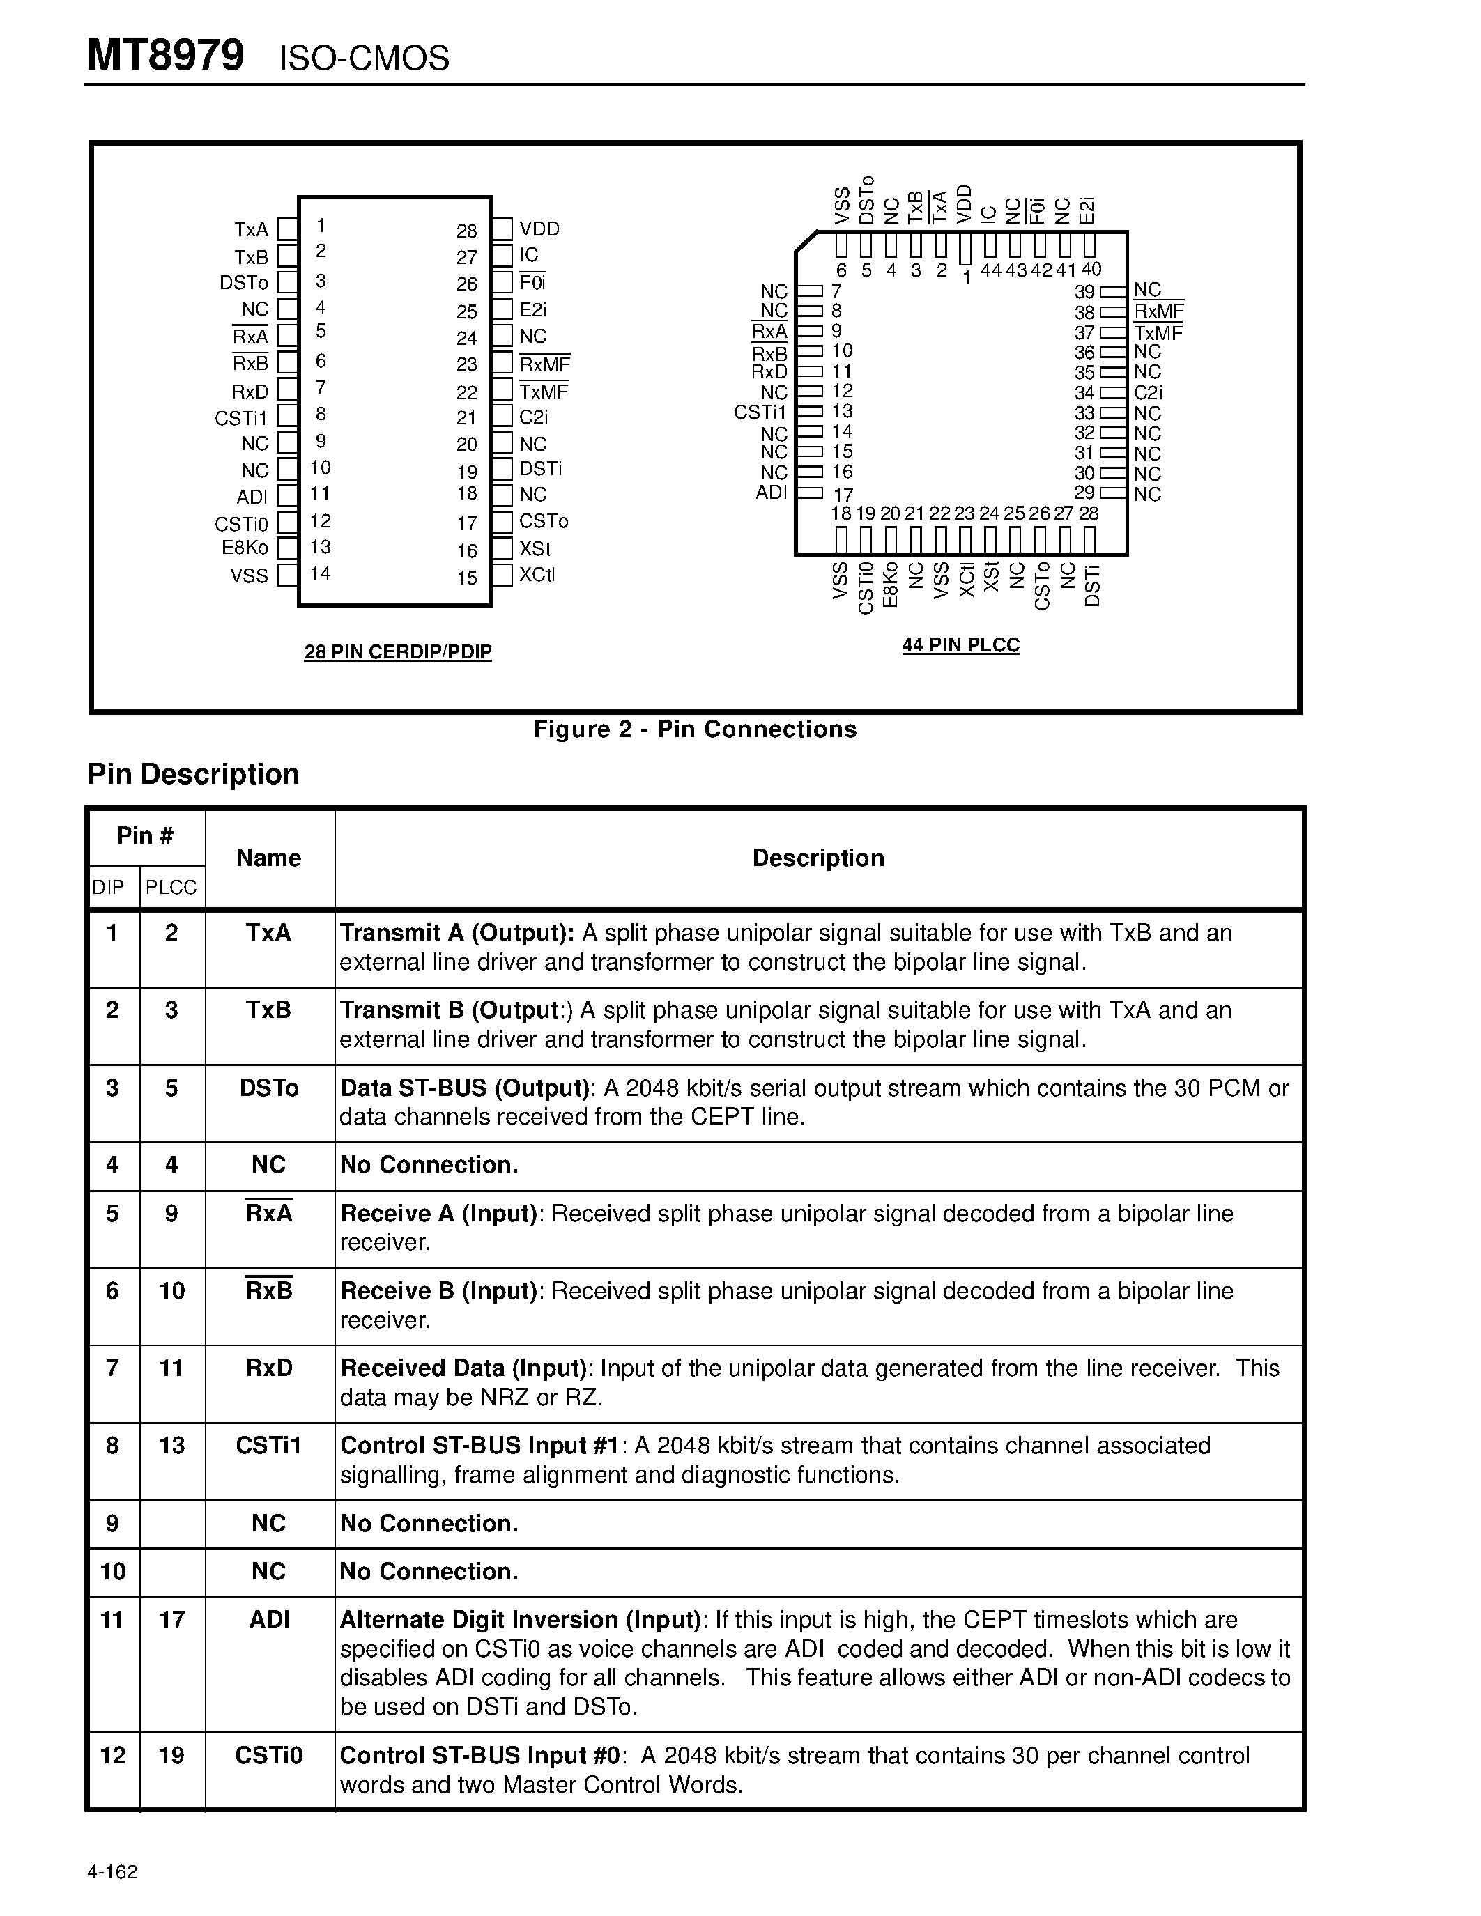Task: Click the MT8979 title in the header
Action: coord(165,56)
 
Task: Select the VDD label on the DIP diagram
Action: coord(539,229)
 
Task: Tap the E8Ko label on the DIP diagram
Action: coord(245,548)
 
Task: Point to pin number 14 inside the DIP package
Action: coord(320,573)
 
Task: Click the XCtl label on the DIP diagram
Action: coord(537,575)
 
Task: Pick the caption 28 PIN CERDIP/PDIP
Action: coord(397,652)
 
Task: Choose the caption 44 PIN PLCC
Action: coord(960,644)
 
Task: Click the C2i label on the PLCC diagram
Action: coord(1148,393)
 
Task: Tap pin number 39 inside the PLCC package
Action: coord(1084,292)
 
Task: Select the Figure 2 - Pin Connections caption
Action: coord(695,729)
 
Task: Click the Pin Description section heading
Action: coord(193,774)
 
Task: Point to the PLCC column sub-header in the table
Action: coord(171,887)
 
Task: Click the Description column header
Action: coord(818,857)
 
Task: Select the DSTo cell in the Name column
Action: coord(269,1088)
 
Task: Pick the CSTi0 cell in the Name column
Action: coord(268,1756)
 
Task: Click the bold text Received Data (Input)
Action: coord(462,1368)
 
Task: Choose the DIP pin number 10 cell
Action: coord(113,1571)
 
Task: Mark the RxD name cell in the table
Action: coord(269,1368)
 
